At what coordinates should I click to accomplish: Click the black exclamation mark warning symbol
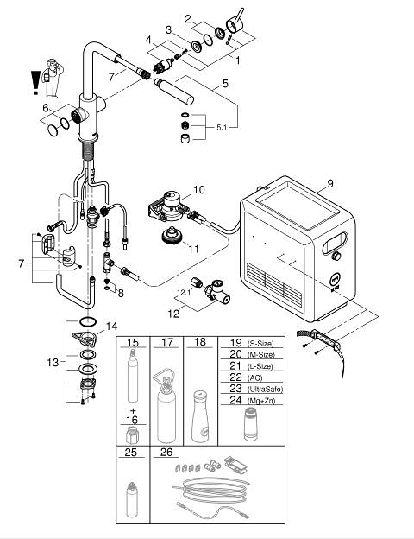point(35,83)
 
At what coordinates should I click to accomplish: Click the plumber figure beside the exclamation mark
point(52,78)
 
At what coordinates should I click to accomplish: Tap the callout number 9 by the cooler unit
point(330,184)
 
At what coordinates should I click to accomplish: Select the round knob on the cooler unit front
point(336,256)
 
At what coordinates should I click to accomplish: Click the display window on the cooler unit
point(335,242)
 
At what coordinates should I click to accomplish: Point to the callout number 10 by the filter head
point(199,190)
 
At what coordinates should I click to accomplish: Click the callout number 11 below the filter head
point(194,249)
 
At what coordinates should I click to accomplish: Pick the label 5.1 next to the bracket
point(222,128)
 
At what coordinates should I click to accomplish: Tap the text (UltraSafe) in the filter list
point(265,389)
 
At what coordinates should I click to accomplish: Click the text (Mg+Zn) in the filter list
point(261,401)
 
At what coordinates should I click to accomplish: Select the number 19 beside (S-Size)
point(235,343)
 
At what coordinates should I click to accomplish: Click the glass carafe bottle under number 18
point(200,416)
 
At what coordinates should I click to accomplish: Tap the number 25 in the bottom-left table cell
point(131,452)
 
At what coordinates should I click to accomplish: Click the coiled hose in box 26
point(210,491)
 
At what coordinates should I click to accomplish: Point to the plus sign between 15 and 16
point(133,411)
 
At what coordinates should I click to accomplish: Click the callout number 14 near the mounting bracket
point(111,326)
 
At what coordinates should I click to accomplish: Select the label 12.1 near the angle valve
point(184,293)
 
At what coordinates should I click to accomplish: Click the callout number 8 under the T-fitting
point(121,293)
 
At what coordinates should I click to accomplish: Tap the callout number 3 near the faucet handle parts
point(168,30)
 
